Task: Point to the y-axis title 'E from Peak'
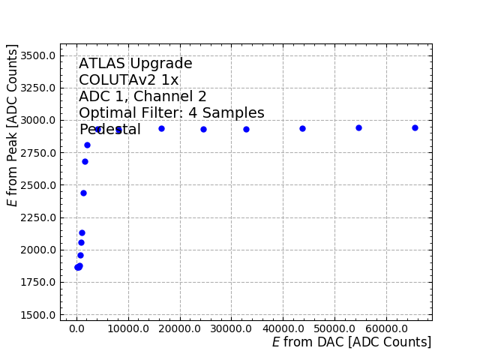[x=13, y=125]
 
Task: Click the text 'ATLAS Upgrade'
[x=136, y=64]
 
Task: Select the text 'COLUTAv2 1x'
[x=129, y=80]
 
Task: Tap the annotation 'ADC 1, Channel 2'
[x=142, y=97]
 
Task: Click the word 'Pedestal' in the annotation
[x=109, y=130]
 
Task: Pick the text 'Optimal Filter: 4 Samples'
[x=172, y=113]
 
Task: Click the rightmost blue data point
[x=415, y=127]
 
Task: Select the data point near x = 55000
[x=358, y=127]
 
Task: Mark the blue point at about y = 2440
[x=83, y=193]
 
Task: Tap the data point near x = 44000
[x=302, y=128]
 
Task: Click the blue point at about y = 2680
[x=85, y=161]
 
